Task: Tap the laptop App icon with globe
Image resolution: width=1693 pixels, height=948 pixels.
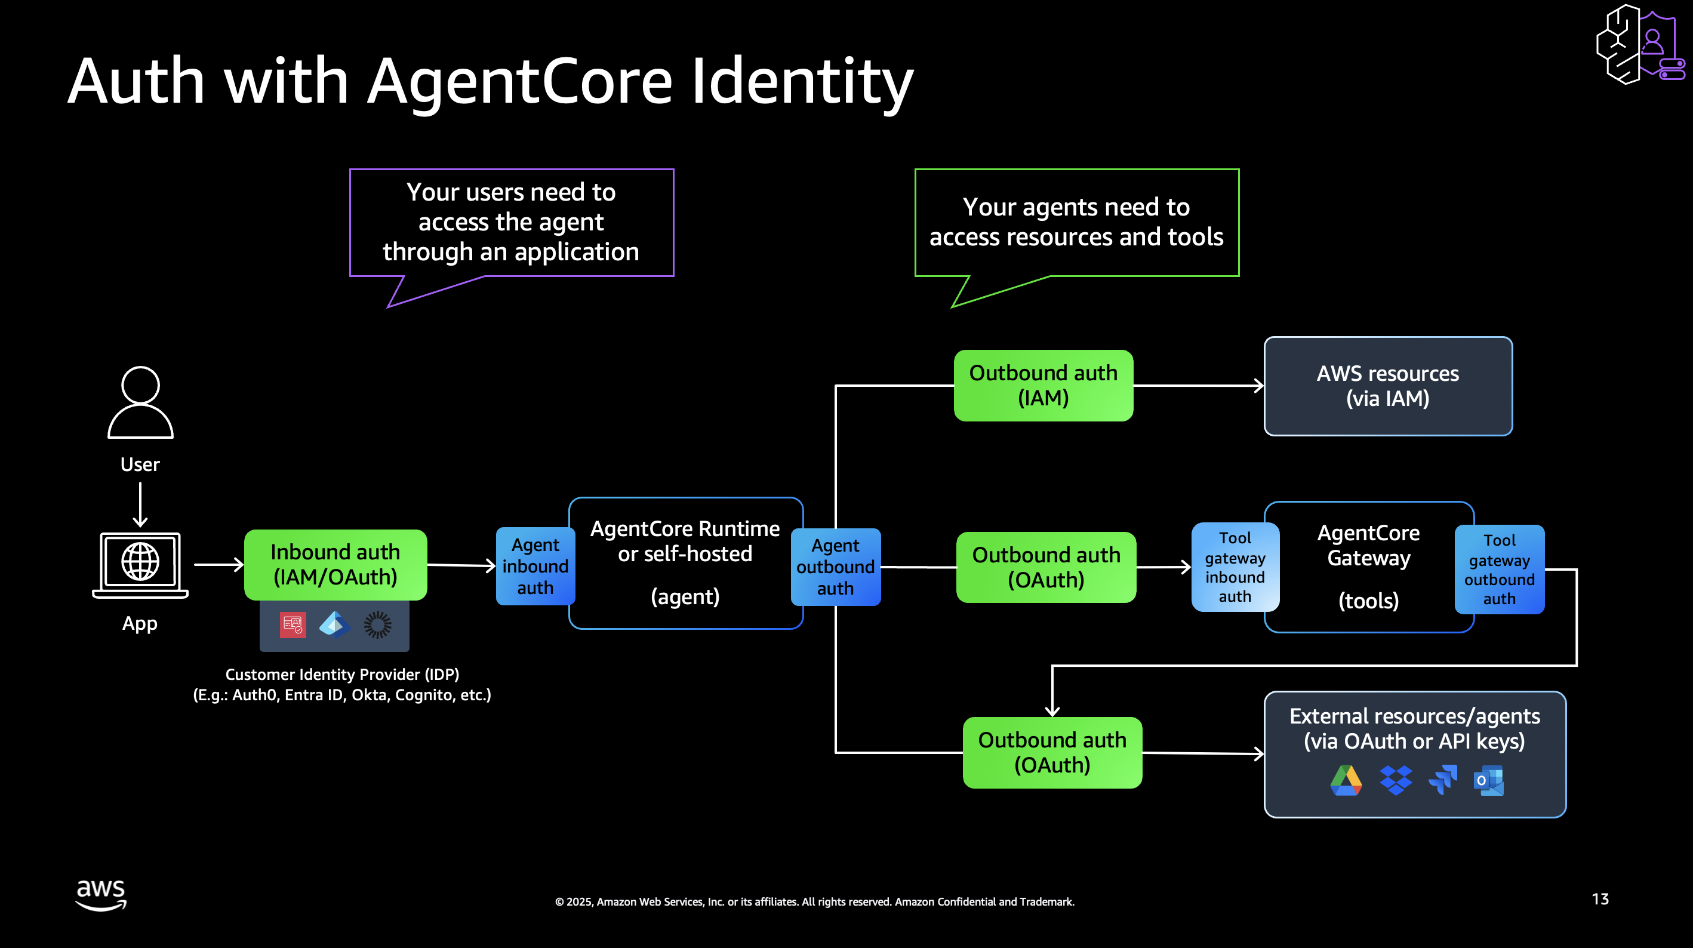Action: pyautogui.click(x=140, y=564)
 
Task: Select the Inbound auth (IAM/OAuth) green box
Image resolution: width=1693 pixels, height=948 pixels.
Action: pyautogui.click(x=335, y=565)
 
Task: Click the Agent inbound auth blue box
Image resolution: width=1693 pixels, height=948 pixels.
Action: pyautogui.click(x=535, y=566)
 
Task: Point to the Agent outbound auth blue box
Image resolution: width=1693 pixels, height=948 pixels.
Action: pyautogui.click(x=835, y=567)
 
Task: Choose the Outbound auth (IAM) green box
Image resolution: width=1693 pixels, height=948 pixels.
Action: pyautogui.click(x=1043, y=385)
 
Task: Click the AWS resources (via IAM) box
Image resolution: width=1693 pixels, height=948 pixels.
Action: pyautogui.click(x=1387, y=386)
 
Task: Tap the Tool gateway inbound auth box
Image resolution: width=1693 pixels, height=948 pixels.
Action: pyautogui.click(x=1235, y=567)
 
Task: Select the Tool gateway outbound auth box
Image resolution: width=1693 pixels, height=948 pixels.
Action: pyautogui.click(x=1499, y=570)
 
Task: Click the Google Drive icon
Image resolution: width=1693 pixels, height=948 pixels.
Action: pyautogui.click(x=1346, y=780)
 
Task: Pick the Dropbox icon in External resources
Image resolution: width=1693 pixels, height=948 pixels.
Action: pyautogui.click(x=1395, y=780)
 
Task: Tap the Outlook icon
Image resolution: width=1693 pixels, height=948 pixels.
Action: pyautogui.click(x=1489, y=780)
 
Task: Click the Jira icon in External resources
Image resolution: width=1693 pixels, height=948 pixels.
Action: pyautogui.click(x=1443, y=780)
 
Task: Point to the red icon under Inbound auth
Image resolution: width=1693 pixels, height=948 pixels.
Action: pyautogui.click(x=293, y=625)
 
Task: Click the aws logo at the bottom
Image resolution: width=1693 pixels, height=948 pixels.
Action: pyautogui.click(x=100, y=895)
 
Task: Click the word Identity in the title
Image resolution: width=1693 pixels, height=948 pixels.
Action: pyautogui.click(x=802, y=82)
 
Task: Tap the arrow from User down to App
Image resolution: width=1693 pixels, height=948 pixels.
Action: pyautogui.click(x=140, y=504)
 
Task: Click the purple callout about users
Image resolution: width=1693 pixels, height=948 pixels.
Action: pyautogui.click(x=512, y=222)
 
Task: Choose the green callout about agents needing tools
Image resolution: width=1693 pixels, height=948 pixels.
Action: pyautogui.click(x=1076, y=222)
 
